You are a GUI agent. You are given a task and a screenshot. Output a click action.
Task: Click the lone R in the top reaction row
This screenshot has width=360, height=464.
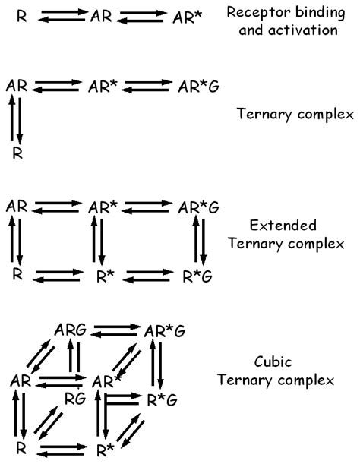(x=21, y=14)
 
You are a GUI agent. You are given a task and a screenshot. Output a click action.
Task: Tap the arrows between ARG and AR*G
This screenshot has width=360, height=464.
(x=116, y=331)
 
